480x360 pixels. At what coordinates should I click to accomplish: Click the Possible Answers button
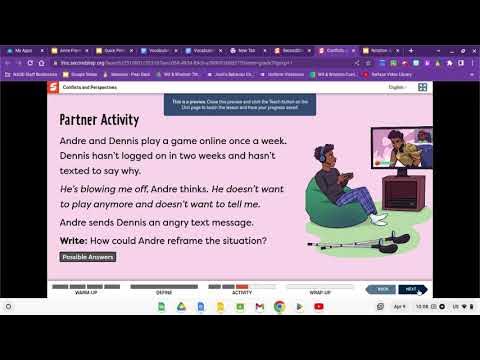click(x=88, y=257)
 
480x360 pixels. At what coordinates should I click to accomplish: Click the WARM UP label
click(x=86, y=294)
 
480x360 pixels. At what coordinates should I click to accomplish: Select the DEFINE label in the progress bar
click(x=164, y=294)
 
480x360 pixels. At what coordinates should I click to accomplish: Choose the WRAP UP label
click(x=320, y=294)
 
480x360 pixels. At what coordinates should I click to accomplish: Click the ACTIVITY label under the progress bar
click(x=242, y=294)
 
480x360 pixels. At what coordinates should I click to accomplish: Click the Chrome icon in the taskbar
click(x=279, y=306)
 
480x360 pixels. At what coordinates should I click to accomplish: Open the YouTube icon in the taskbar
click(x=319, y=306)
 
